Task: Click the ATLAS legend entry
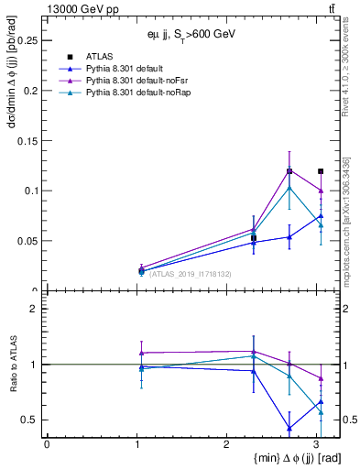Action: (98, 57)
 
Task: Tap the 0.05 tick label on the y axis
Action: (25, 241)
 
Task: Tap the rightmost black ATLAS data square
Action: (320, 171)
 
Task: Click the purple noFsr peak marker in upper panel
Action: (289, 170)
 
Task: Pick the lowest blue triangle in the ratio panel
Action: (289, 428)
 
